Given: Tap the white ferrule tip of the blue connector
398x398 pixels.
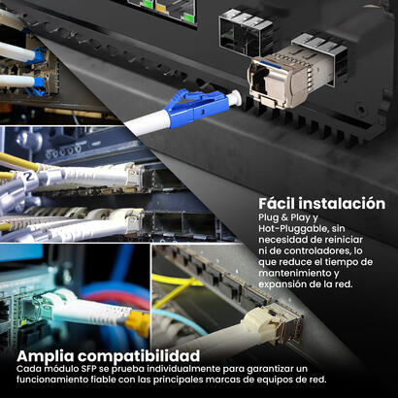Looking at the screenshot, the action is [235, 98].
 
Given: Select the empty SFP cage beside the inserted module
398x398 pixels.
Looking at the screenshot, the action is [247, 31].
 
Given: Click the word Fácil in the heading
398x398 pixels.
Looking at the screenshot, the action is [277, 204].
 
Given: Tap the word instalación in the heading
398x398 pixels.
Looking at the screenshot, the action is [342, 204].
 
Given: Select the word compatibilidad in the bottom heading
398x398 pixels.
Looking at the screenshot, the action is [139, 356].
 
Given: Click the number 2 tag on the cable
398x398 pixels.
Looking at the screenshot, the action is [29, 178].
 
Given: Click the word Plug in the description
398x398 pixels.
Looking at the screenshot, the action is [269, 217].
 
